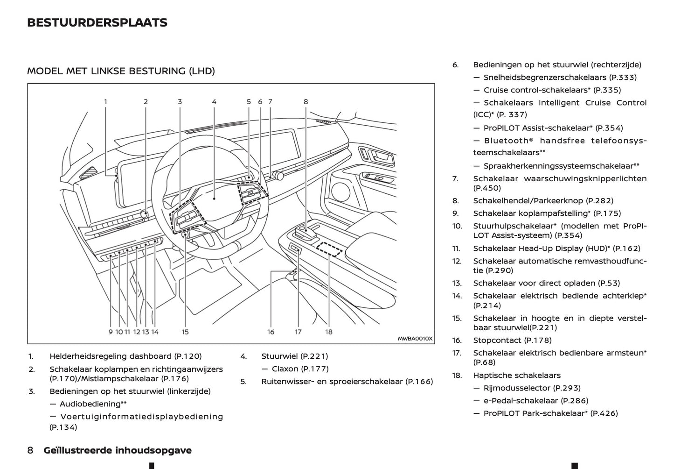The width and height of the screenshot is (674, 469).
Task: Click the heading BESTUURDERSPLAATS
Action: coord(97,22)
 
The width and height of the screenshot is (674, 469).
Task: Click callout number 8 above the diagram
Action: coord(306,101)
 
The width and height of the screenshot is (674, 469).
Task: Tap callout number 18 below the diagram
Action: coord(329,332)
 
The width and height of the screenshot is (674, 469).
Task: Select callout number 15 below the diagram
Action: coord(185,332)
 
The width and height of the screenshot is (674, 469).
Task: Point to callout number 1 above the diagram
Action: coord(105,101)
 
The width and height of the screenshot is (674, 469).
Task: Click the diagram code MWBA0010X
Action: coord(415,339)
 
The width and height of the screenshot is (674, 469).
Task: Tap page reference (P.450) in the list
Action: coord(487,188)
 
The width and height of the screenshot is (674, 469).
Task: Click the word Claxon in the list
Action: coord(285,369)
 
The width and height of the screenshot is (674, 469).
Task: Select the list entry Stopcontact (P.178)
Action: coord(512,340)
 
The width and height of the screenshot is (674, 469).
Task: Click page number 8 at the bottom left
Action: coord(30,450)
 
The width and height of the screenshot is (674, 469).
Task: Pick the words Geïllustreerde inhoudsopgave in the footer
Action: coord(118,450)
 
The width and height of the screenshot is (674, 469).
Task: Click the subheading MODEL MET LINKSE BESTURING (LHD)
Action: coord(121,71)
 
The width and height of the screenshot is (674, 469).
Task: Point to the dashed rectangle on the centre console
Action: coord(329,249)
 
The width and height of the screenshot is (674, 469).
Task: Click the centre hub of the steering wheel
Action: coord(215,199)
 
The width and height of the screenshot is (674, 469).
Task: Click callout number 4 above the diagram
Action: coord(214,101)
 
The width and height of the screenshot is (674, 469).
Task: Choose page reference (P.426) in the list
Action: coord(604,413)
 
